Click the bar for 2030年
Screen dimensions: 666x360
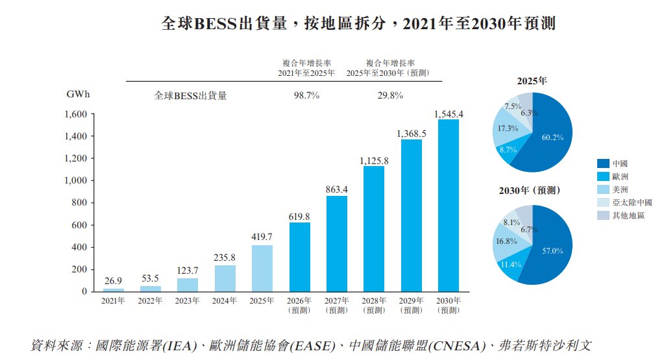[x=449, y=206]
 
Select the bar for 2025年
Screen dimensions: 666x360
[x=262, y=269]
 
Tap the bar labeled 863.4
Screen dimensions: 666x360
[x=337, y=244]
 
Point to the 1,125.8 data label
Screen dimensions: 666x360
[x=374, y=161]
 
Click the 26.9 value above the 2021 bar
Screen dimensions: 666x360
[x=113, y=281]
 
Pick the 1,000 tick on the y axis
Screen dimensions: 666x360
[x=75, y=180]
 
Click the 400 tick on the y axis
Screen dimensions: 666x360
[x=79, y=247]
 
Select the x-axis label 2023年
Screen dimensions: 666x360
[x=188, y=300]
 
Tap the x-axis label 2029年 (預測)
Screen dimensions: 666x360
[x=411, y=306]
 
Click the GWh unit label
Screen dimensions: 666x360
[x=78, y=94]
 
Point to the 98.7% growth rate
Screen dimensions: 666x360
[x=306, y=95]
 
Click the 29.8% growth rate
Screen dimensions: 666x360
[x=390, y=95]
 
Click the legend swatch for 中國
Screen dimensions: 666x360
[x=603, y=163]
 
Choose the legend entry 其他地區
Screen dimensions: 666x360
[x=621, y=215]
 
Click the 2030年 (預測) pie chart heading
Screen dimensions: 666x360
[x=529, y=191]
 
